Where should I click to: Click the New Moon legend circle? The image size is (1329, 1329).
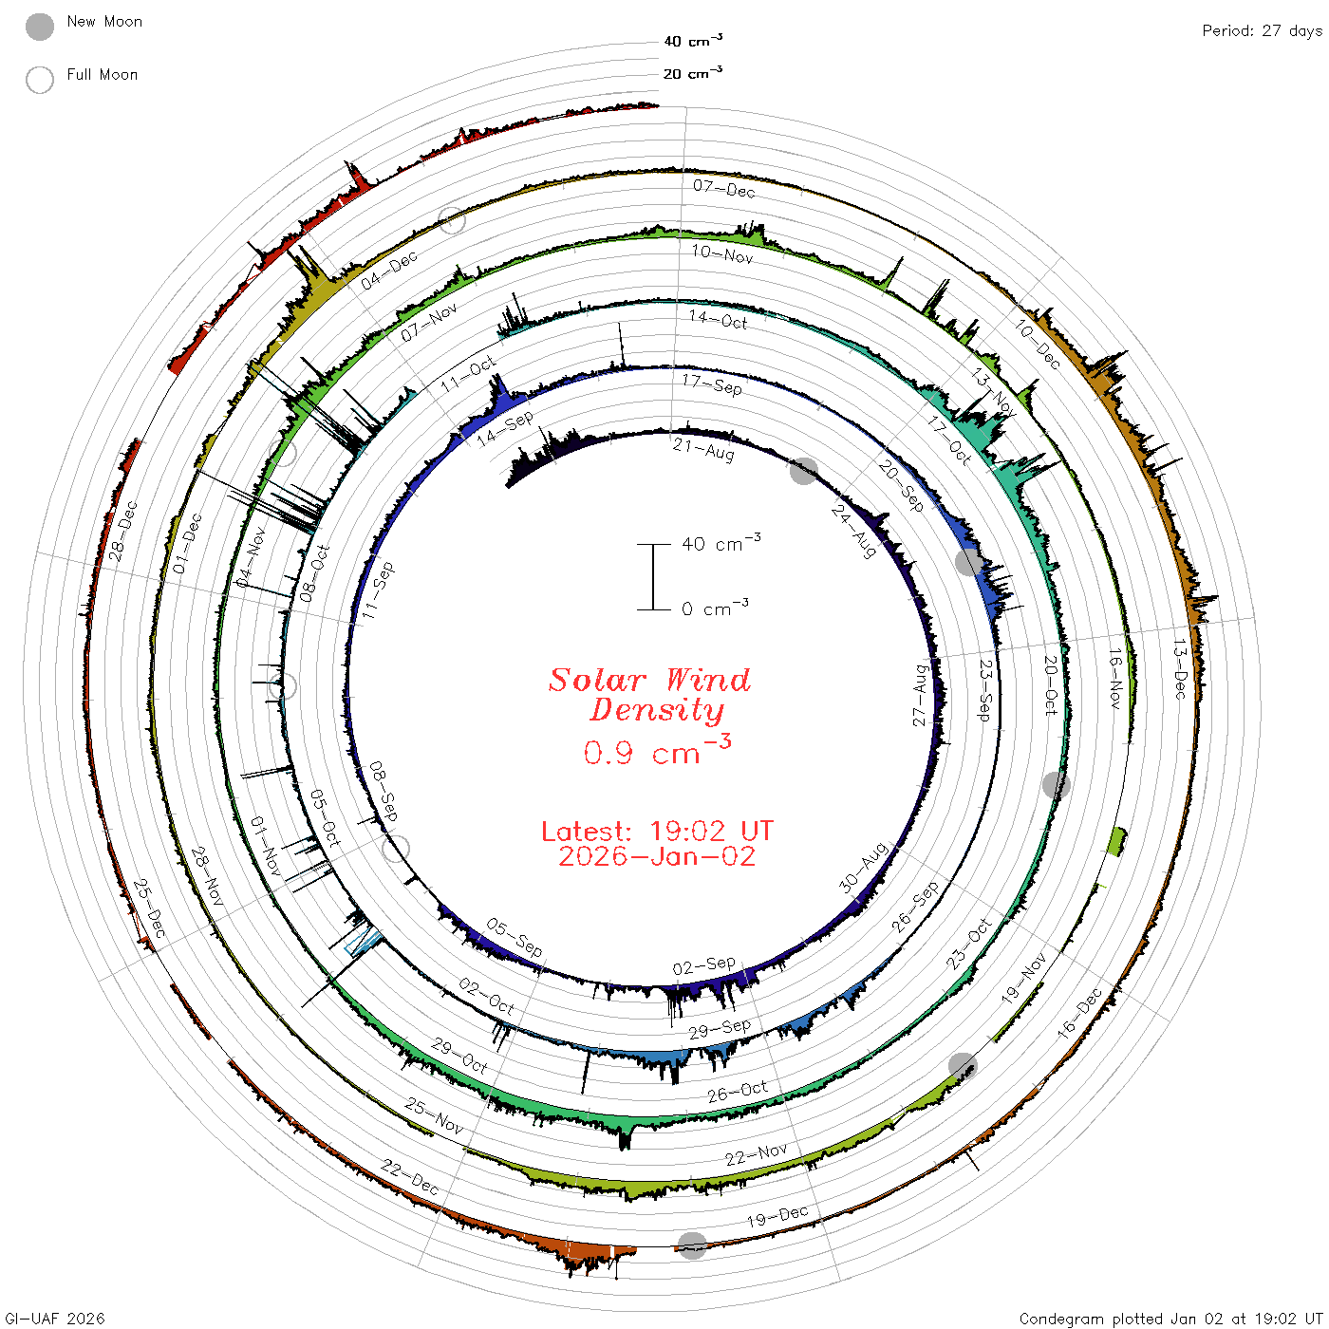[x=39, y=27]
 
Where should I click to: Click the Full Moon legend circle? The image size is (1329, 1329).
[x=39, y=80]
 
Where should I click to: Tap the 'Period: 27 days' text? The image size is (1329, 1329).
[x=1262, y=31]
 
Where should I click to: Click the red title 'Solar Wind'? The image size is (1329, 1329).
[x=649, y=680]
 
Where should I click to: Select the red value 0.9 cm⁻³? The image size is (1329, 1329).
[x=657, y=750]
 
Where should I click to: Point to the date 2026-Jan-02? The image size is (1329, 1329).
[x=657, y=856]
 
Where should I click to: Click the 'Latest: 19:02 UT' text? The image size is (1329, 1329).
[x=657, y=831]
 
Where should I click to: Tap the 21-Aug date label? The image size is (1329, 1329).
[x=703, y=449]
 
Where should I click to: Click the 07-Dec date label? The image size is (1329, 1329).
[x=724, y=188]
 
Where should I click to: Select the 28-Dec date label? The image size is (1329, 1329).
[x=122, y=531]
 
